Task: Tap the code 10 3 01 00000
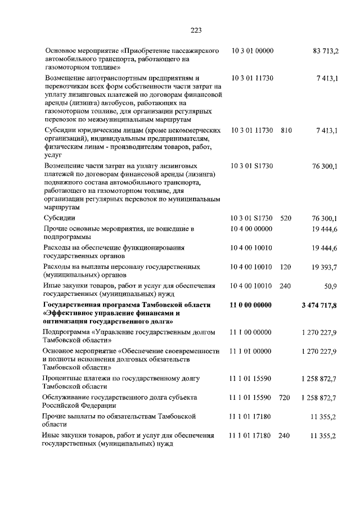point(252,51)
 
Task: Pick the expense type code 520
point(286,218)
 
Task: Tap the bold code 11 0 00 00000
point(252,305)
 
